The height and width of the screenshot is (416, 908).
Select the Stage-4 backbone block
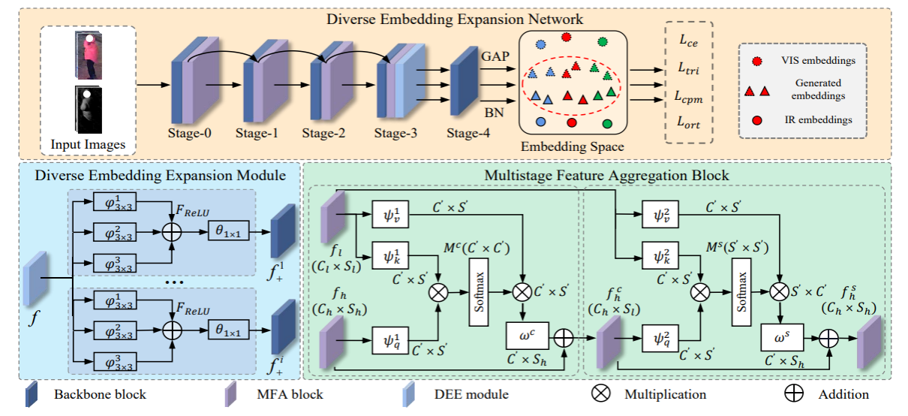click(x=465, y=82)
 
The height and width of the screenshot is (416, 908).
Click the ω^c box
click(x=530, y=333)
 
